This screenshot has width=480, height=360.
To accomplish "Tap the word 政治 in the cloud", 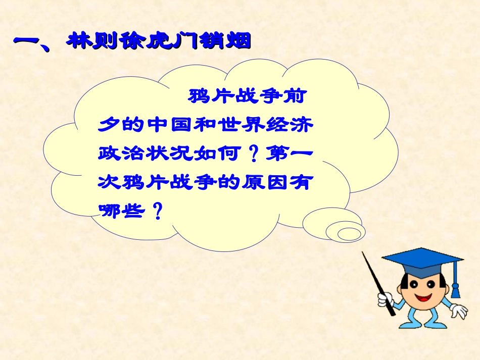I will tap(122, 153).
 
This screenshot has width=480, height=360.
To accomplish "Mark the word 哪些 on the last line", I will tap(122, 211).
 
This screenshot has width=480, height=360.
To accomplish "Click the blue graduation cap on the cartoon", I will tap(422, 262).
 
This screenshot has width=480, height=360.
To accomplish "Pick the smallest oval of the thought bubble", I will tap(348, 234).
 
